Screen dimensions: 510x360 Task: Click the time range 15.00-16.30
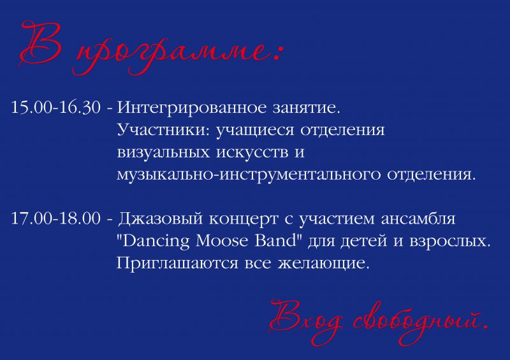click(56, 107)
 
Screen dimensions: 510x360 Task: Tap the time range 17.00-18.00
click(56, 218)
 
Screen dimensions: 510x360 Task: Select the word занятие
click(306, 108)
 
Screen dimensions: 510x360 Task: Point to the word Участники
click(164, 130)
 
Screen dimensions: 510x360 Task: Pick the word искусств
click(252, 153)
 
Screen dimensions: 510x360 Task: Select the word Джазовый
click(161, 219)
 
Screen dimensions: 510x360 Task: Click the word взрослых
click(449, 242)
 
